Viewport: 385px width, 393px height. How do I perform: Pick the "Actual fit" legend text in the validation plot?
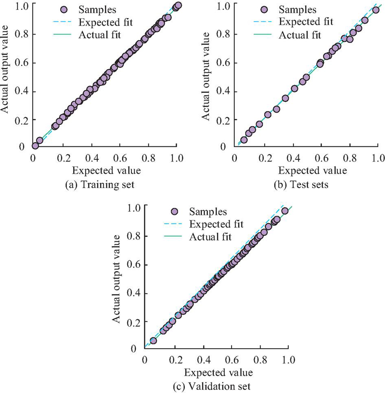(210, 237)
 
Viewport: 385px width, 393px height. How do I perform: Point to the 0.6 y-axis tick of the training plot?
(22, 63)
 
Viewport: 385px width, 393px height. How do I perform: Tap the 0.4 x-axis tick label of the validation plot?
(202, 359)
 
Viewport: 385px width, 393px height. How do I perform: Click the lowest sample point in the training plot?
(35, 146)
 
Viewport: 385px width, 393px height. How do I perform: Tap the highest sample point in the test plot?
(376, 10)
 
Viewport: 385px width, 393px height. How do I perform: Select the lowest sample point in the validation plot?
(154, 341)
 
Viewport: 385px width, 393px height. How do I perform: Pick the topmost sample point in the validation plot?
(285, 211)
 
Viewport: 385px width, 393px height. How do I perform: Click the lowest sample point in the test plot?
(244, 140)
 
